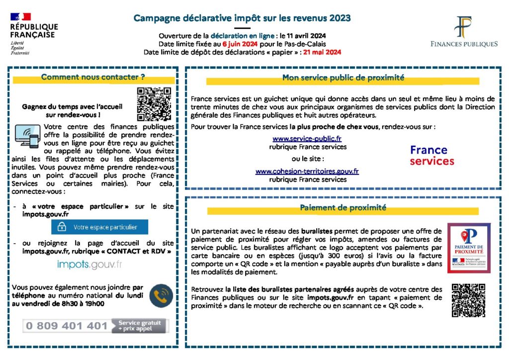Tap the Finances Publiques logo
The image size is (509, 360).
[x=464, y=32]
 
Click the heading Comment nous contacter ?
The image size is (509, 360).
[x=93, y=77]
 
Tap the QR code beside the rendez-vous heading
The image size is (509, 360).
[x=154, y=104]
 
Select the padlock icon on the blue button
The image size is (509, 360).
[x=62, y=227]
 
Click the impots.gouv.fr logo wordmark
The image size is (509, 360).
[x=89, y=265]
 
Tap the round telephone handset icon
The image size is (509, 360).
[x=162, y=296]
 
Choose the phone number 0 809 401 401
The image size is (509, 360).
[x=67, y=326]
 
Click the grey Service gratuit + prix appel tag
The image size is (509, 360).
[x=140, y=326]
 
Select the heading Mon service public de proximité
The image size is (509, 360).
[x=343, y=78]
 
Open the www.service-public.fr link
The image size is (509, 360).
[x=307, y=139]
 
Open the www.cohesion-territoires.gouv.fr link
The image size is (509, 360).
[x=307, y=171]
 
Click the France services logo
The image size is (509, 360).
[x=431, y=155]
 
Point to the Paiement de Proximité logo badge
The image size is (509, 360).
[x=468, y=248]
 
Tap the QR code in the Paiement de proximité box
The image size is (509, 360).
[x=468, y=300]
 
